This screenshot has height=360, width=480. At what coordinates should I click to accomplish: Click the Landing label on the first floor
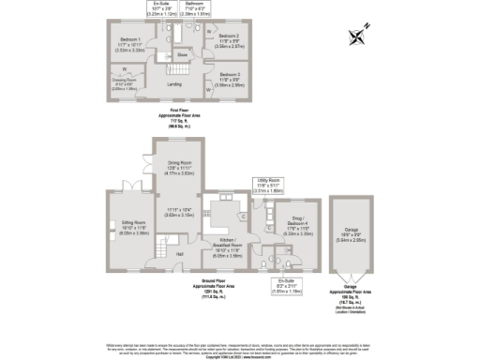174,84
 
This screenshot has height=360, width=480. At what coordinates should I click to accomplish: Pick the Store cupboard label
183,54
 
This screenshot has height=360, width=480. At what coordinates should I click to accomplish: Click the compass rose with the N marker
357,38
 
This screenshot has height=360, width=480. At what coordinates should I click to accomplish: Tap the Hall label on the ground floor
179,253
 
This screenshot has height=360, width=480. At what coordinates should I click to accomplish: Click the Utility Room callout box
269,187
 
